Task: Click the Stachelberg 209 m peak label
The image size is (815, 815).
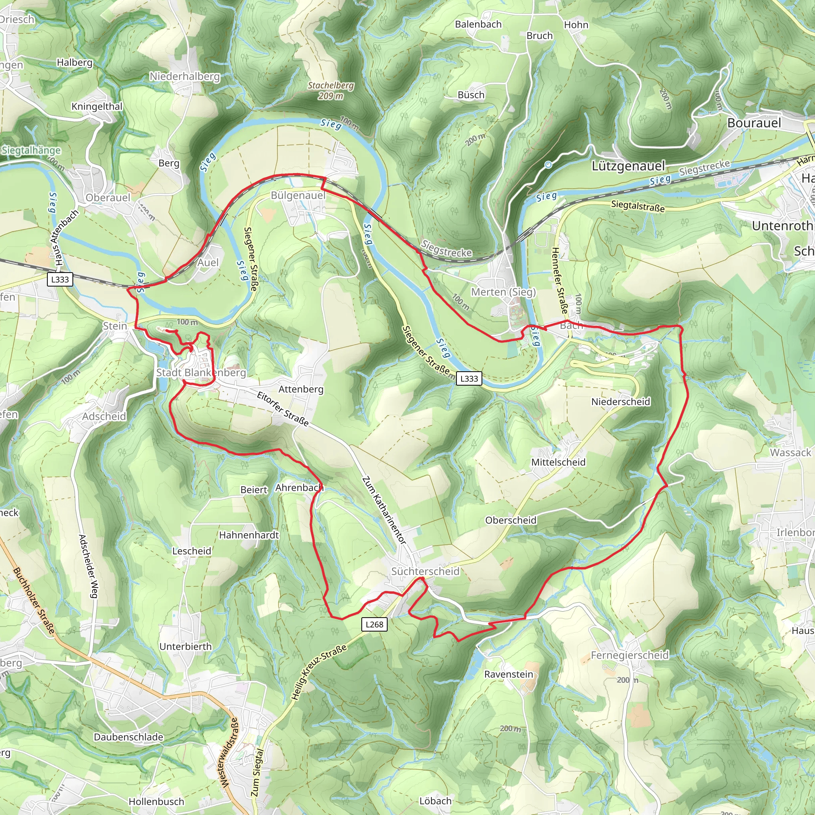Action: click(331, 90)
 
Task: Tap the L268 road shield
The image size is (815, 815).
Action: click(374, 624)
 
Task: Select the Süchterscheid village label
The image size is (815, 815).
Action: click(425, 571)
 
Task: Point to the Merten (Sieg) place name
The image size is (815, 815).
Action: click(503, 292)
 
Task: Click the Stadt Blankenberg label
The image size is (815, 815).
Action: click(201, 372)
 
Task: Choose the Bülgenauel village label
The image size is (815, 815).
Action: click(298, 195)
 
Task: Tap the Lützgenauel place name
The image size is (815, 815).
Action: click(628, 166)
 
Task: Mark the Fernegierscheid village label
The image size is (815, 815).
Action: click(630, 655)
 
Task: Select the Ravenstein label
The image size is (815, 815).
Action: click(508, 674)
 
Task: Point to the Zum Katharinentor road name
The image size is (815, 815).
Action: click(384, 511)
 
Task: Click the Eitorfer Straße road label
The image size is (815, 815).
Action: click(283, 408)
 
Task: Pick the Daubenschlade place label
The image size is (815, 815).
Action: click(128, 737)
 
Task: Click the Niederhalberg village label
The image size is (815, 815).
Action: click(185, 76)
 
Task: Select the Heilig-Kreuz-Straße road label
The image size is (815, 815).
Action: click(319, 673)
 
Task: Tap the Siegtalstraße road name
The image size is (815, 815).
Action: click(638, 206)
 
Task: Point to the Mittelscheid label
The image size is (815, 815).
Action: click(558, 462)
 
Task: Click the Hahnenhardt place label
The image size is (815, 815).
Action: click(249, 535)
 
